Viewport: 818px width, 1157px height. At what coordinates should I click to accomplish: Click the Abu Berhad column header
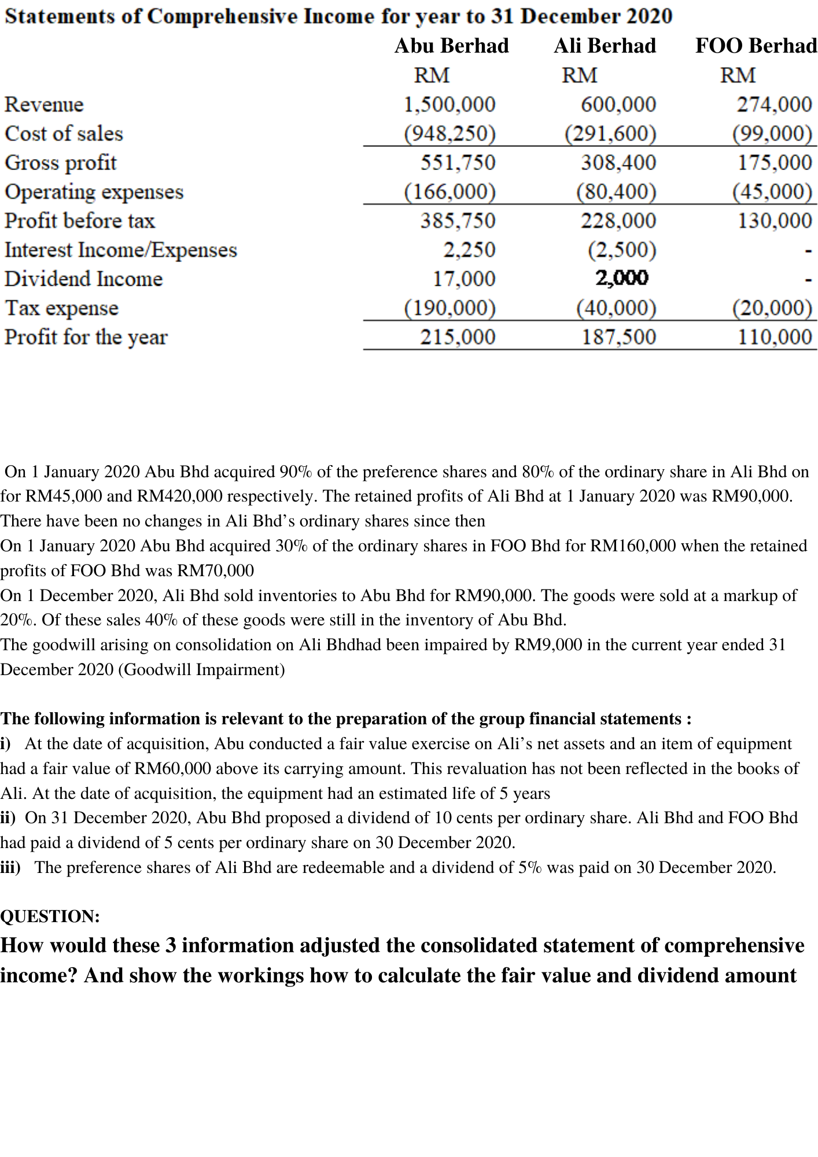click(x=451, y=46)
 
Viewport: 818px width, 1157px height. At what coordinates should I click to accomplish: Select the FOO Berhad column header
click(x=756, y=46)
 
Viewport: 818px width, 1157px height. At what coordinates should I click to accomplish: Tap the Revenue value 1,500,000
click(x=449, y=105)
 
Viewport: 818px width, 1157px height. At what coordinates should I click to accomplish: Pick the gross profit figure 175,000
click(x=775, y=163)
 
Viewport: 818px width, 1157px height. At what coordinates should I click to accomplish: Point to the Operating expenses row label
click(x=94, y=192)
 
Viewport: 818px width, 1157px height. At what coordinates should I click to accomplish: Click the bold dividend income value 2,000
click(x=622, y=279)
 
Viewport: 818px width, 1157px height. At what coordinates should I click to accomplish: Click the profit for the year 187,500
click(x=619, y=337)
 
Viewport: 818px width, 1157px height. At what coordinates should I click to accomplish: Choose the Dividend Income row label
click(x=83, y=279)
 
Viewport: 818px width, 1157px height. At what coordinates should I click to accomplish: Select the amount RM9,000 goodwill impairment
click(x=548, y=645)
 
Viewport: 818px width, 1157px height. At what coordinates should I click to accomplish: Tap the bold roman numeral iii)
click(x=10, y=868)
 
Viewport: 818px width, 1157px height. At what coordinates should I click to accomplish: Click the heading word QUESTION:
click(x=50, y=916)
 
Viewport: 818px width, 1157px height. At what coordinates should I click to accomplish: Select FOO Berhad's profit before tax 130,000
click(x=775, y=221)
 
